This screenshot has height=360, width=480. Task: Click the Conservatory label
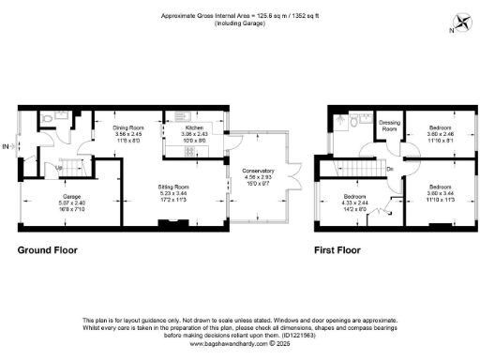pyautogui.click(x=257, y=170)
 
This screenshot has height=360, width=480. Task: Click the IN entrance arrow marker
pyautogui.click(x=7, y=146)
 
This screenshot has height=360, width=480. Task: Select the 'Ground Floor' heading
pyautogui.click(x=48, y=251)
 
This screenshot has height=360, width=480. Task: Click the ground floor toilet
pyautogui.click(x=48, y=120)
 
